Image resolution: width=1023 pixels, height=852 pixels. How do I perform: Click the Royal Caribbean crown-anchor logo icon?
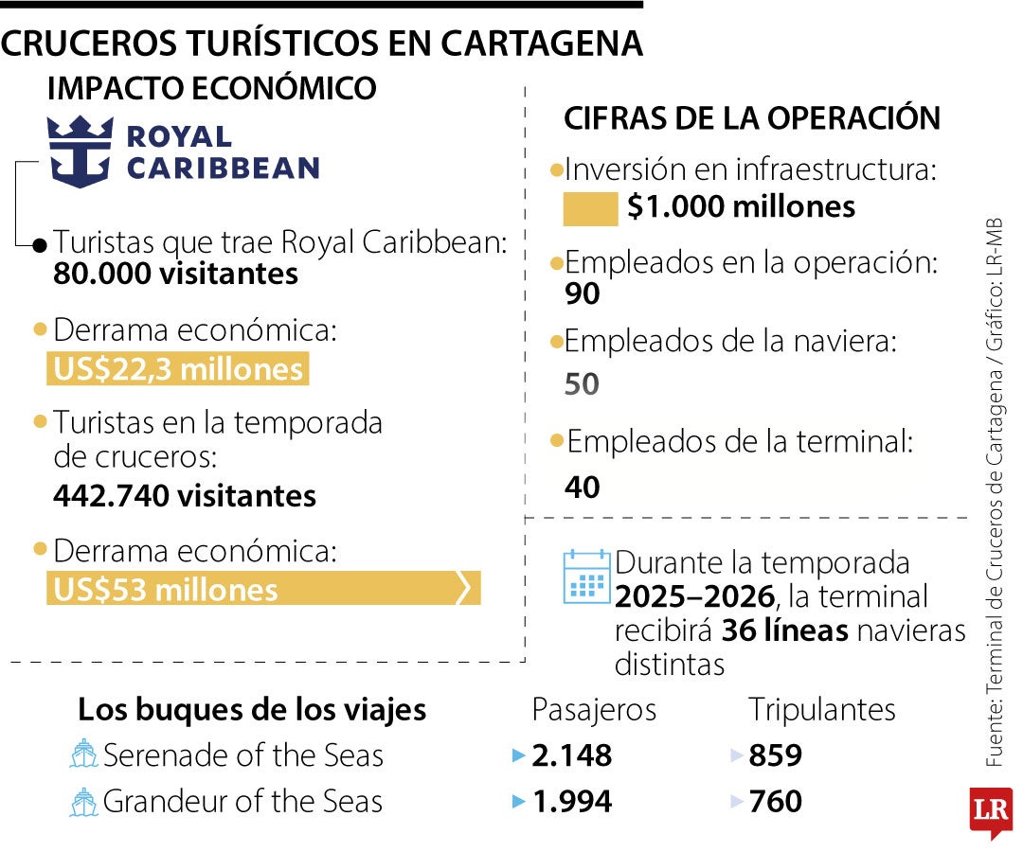[81, 151]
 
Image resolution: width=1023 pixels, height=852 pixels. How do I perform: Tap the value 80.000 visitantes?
[176, 275]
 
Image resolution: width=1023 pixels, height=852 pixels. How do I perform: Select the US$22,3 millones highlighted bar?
[178, 369]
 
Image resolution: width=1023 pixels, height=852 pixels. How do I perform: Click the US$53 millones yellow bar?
[262, 589]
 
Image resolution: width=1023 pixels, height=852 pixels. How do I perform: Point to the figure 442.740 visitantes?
[185, 495]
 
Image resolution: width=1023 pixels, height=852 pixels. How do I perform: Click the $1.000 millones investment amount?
[741, 207]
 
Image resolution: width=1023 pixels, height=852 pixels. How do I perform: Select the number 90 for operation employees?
[582, 294]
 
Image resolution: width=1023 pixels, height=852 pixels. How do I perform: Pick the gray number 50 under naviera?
[582, 384]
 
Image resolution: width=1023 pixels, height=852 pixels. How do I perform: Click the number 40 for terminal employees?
[583, 487]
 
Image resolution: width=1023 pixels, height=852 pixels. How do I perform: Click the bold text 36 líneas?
[784, 630]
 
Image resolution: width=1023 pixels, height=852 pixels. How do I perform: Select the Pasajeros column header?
[594, 709]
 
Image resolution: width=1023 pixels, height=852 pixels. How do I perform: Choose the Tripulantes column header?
[821, 709]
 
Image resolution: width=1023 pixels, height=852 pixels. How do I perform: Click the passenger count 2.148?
[571, 755]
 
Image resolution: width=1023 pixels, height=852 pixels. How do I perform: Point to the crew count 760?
[775, 802]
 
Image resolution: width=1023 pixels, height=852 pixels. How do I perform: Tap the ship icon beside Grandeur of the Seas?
[84, 803]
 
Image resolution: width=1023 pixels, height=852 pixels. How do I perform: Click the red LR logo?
[991, 811]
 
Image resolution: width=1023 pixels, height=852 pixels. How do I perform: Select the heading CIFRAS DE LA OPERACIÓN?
[752, 118]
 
